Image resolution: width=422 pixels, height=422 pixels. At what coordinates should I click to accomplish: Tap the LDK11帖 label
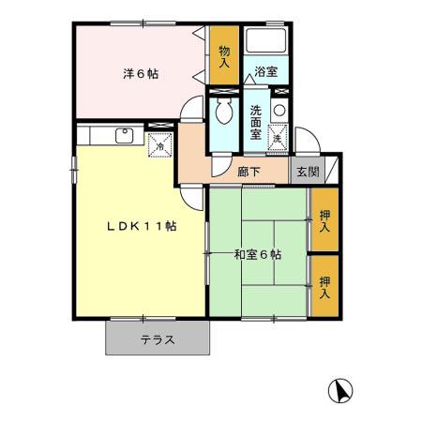coord(142,226)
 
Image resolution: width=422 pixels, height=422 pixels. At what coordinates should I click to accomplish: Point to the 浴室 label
coord(265,70)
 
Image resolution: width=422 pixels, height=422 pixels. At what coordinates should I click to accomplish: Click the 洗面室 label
coord(255,120)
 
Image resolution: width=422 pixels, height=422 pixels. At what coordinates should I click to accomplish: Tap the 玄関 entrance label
coord(308,172)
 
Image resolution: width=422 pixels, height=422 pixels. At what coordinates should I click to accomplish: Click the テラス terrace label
coord(158,339)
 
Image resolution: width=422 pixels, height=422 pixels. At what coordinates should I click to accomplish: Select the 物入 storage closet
coord(224,58)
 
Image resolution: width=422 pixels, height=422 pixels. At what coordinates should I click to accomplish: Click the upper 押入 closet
coord(324,221)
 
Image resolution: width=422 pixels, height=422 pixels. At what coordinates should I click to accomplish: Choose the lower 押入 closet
coord(324,287)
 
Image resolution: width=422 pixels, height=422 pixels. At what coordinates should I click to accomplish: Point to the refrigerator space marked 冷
coord(161,143)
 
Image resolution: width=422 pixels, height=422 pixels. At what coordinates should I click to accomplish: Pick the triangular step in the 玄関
coord(331,171)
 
